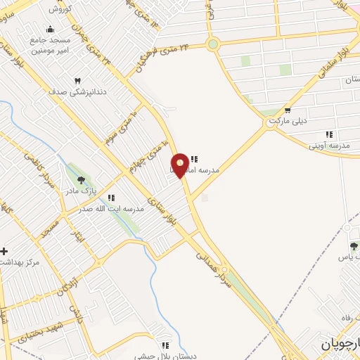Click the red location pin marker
coord(179,165)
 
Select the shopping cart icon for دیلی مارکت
coord(288,110)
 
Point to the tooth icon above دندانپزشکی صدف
coord(77,82)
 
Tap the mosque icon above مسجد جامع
coord(49,30)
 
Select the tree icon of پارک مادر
coord(81,180)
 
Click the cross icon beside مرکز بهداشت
coord(5,251)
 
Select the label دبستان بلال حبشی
coord(169,355)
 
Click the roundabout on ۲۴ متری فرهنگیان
coord(213,44)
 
